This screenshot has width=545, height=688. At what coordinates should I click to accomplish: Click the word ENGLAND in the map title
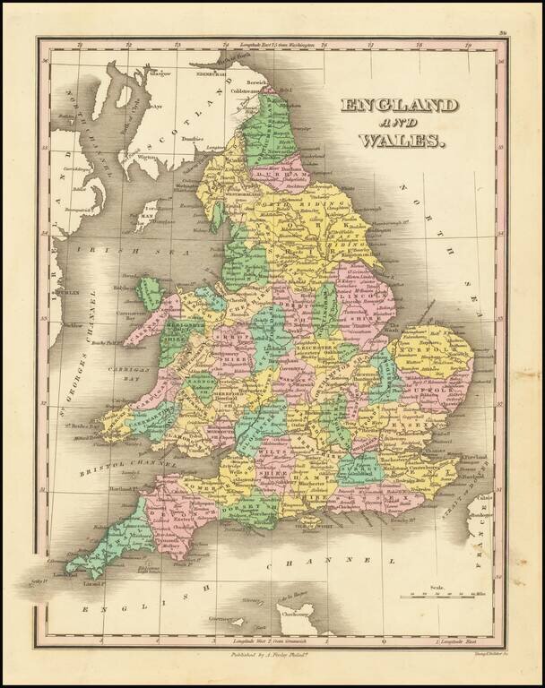[399, 106]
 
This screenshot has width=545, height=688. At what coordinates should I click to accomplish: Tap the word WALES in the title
[402, 140]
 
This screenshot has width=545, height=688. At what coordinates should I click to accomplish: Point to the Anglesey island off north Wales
[150, 295]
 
